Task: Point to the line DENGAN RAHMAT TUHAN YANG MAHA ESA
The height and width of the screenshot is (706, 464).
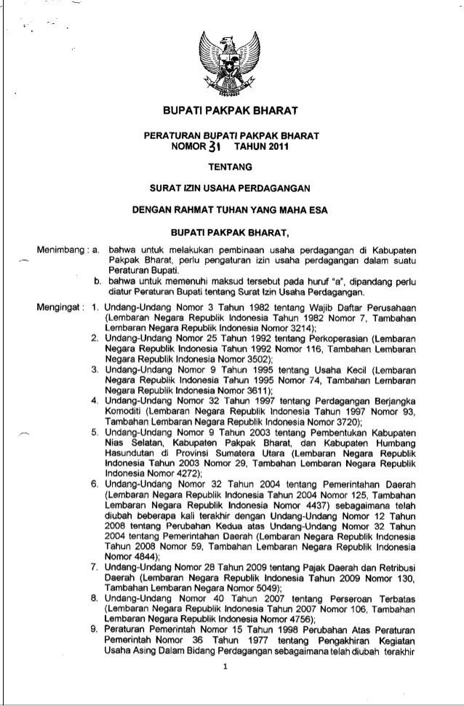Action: click(232, 212)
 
